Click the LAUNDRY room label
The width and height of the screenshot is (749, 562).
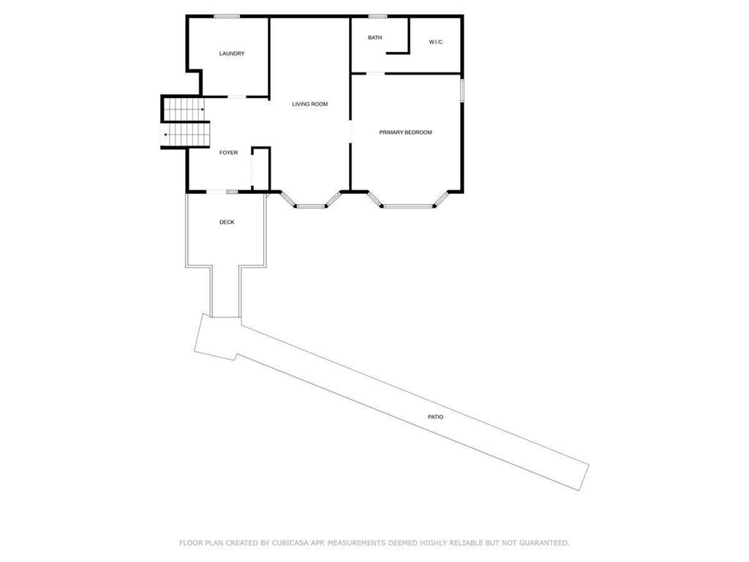[232, 53]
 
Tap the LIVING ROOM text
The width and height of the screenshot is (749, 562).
[310, 104]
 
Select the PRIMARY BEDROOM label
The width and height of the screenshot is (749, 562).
[405, 132]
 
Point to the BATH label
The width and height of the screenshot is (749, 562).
[374, 37]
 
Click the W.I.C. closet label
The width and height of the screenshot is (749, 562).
[436, 42]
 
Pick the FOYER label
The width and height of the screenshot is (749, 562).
[229, 152]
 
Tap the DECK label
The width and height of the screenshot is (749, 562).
[227, 222]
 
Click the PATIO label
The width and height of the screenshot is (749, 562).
[436, 416]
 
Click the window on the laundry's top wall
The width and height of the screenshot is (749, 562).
[227, 16]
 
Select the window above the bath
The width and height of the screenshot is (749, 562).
[377, 16]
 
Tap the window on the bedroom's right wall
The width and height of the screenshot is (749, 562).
[462, 90]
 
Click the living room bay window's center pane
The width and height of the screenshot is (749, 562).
[311, 207]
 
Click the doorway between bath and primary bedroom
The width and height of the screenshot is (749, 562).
[375, 73]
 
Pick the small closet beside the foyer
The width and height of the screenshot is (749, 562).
[261, 170]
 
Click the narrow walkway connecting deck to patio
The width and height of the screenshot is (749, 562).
[225, 291]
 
